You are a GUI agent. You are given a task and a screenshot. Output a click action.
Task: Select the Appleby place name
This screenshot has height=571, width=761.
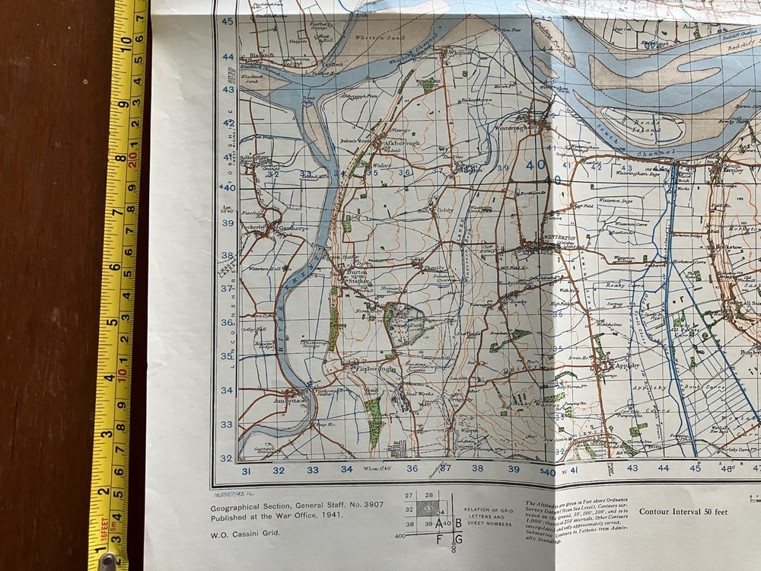pos(622,365)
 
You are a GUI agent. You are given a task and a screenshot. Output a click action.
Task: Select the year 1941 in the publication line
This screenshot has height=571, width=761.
pos(330,515)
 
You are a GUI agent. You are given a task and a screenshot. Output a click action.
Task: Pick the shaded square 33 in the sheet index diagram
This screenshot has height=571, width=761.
pos(428,509)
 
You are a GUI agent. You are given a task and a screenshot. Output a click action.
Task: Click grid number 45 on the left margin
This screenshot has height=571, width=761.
pos(228,21)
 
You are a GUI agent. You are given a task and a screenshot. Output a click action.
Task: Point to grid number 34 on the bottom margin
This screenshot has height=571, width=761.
pos(347,470)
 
